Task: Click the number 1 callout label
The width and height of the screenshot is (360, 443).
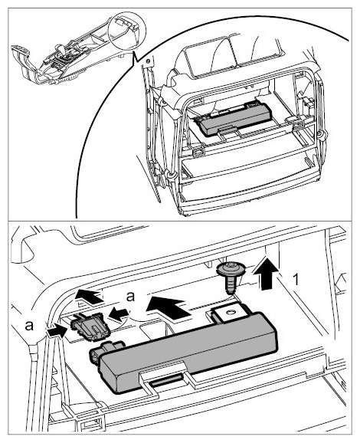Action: pos(296,280)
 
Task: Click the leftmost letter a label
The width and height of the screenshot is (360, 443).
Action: pos(29,326)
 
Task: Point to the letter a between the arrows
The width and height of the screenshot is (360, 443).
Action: pos(130,297)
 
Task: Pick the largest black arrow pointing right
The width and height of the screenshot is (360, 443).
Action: pos(168,309)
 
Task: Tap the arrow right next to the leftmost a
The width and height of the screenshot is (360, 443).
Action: pos(57,330)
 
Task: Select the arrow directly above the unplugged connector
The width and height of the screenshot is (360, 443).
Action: pos(89,297)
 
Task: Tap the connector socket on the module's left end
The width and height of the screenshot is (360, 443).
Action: pos(106,350)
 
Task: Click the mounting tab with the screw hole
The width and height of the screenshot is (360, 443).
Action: pos(228,312)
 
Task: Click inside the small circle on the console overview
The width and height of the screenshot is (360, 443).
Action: pos(126,31)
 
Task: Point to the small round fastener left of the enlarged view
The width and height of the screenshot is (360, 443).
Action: pos(147,61)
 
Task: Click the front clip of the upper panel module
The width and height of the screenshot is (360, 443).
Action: pos(227,130)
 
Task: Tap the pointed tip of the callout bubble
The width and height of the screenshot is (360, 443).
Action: pos(134,63)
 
